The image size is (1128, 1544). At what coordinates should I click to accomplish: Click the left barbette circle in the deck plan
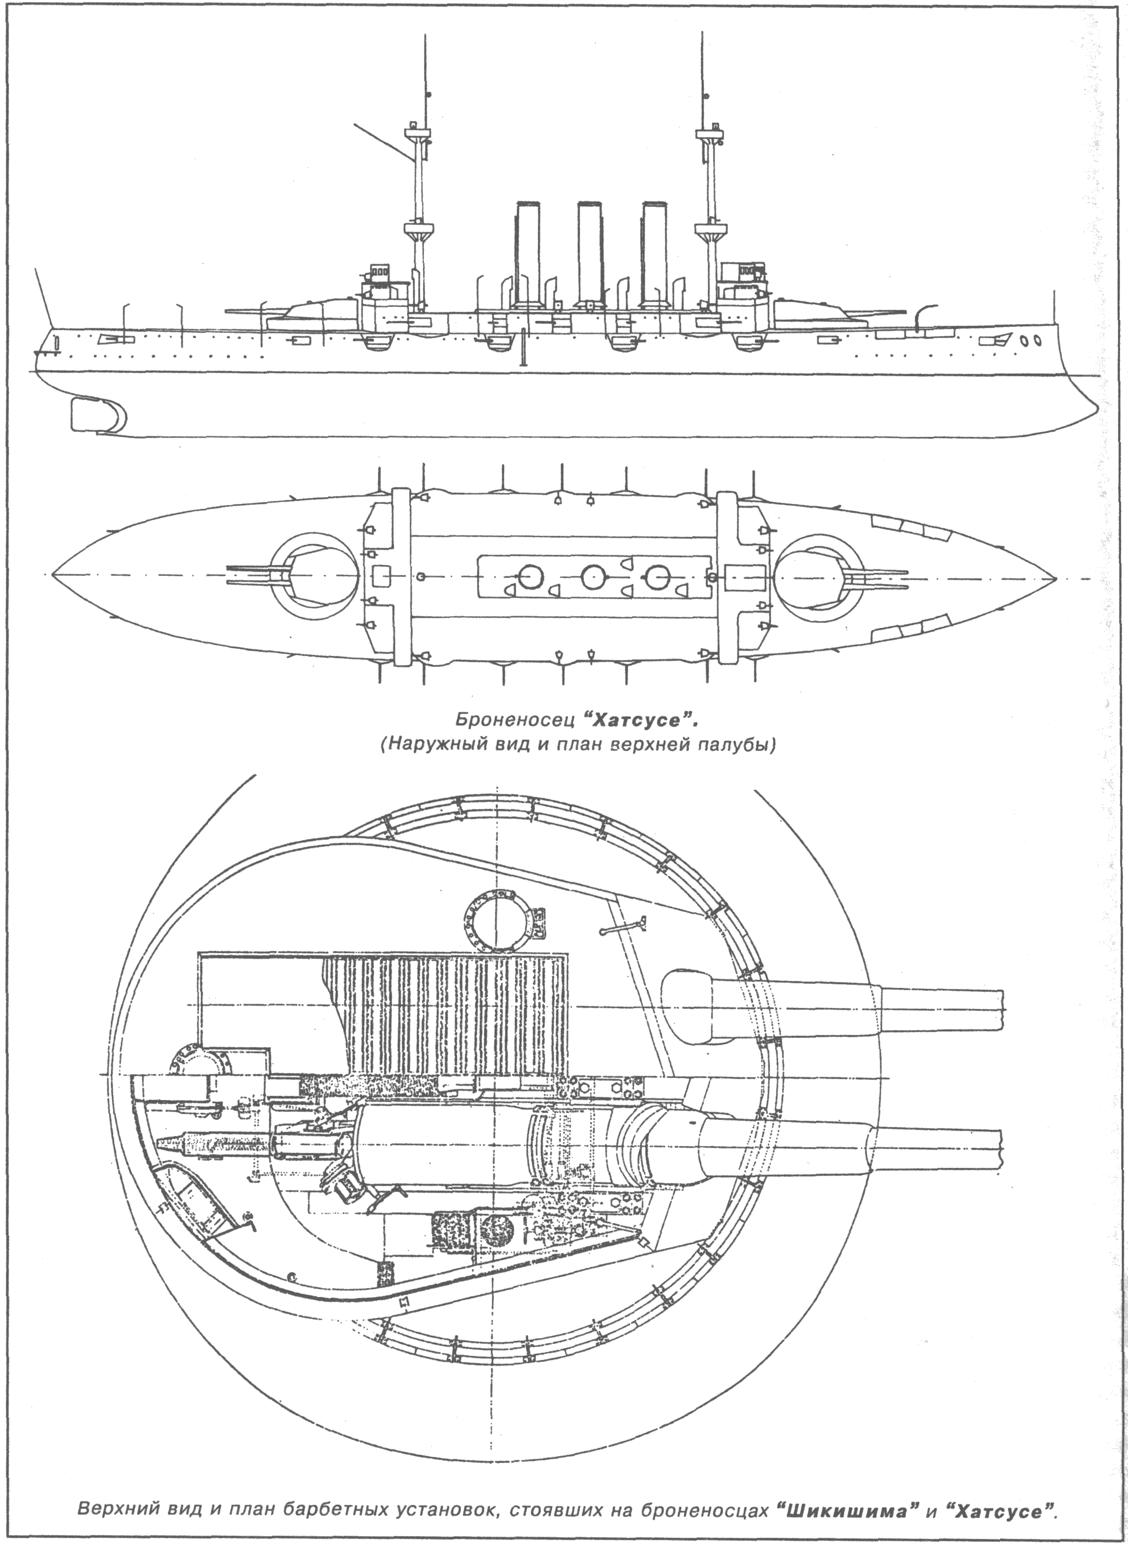(314, 576)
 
